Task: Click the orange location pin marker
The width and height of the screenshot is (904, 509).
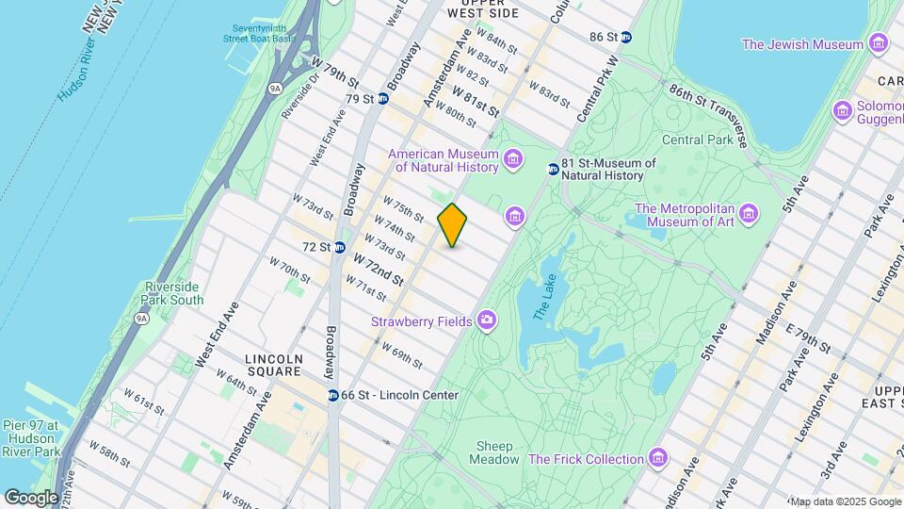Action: [453, 224]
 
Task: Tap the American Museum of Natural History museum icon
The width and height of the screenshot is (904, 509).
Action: [513, 157]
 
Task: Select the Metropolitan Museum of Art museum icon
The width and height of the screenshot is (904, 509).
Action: [749, 212]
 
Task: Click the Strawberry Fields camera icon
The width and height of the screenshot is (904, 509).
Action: [487, 321]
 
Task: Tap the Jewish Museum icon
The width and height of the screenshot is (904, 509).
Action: [879, 43]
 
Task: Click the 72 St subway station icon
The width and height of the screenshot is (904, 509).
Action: [338, 247]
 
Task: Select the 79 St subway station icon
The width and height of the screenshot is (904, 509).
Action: [383, 98]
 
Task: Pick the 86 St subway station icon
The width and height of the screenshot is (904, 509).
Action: [626, 37]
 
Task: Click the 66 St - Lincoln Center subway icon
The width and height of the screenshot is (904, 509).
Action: [333, 395]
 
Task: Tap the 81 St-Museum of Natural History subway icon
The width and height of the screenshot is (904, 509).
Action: [553, 169]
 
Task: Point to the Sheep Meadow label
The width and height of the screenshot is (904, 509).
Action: [494, 452]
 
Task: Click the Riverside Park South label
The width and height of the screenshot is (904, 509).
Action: [173, 293]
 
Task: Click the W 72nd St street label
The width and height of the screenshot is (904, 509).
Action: [379, 271]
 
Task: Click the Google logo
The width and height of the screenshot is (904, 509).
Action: [30, 497]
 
